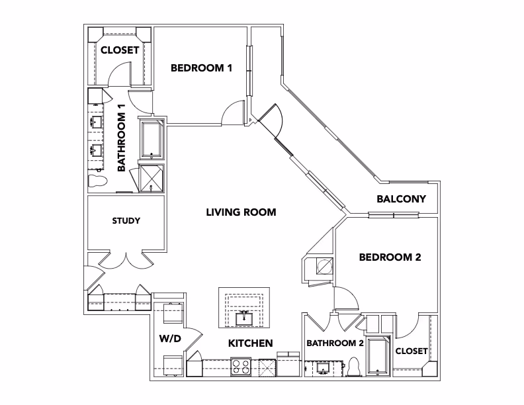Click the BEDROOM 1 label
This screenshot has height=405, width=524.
coord(201,67)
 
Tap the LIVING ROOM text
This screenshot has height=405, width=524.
coord(240,212)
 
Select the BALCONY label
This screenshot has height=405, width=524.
coord(400,199)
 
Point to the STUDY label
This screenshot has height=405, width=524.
coord(126,220)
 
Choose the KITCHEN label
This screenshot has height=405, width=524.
coord(251,343)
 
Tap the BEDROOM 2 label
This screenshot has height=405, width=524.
coord(390,257)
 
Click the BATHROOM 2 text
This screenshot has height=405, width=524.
coord(334,343)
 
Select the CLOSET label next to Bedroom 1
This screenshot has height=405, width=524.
coord(120,50)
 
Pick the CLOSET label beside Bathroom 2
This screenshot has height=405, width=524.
coord(411,351)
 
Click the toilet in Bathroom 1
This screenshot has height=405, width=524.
coord(97,181)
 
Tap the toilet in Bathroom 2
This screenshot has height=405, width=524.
coord(354,366)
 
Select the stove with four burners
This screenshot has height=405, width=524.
coord(240,366)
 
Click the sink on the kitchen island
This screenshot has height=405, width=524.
coord(243,319)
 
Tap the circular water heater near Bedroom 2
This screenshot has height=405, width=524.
coord(324,267)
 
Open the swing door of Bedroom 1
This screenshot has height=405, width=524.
coord(232,112)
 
